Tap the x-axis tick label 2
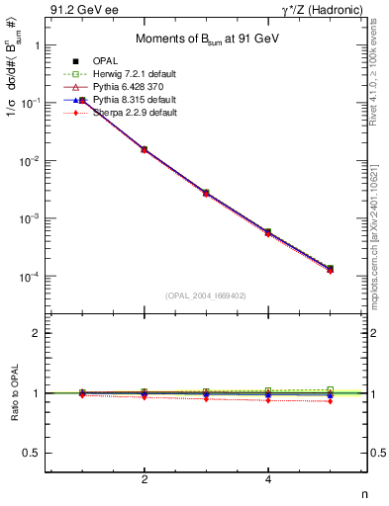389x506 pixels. (145, 479)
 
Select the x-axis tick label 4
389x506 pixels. (268, 479)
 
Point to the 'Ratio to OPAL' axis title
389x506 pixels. (13, 392)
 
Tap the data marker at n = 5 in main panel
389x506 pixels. (330, 269)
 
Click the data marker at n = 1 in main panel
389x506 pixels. (82, 100)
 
